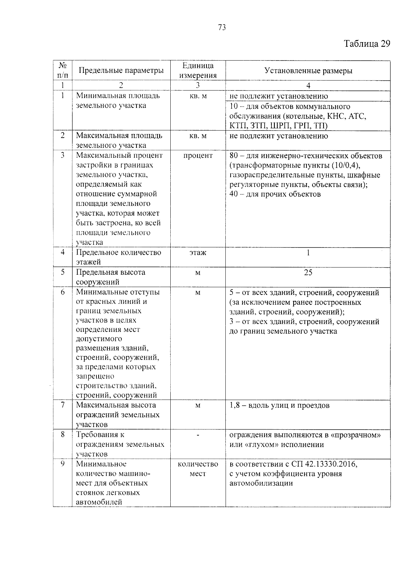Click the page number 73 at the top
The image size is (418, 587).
click(x=222, y=28)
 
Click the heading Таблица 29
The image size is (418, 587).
click(x=367, y=44)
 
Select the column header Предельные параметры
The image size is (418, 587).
click(x=121, y=71)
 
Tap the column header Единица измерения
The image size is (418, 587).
click(x=198, y=71)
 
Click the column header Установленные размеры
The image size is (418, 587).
click(x=308, y=71)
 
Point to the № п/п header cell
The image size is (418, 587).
click(x=63, y=70)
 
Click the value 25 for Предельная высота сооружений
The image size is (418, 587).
click(x=308, y=273)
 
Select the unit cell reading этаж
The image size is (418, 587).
click(x=198, y=253)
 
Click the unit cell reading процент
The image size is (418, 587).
click(x=198, y=156)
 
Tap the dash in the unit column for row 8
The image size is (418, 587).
click(x=198, y=435)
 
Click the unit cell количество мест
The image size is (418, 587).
click(x=198, y=469)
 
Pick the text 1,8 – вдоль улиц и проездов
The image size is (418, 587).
click(x=279, y=406)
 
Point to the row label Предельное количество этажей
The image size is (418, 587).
click(x=118, y=257)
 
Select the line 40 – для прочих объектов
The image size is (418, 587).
click(x=275, y=194)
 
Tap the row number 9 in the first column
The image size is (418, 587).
click(x=63, y=464)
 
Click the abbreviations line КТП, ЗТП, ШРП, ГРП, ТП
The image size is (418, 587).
click(x=278, y=126)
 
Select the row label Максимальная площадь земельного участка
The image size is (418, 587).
click(x=119, y=140)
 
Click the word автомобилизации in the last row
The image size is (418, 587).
click(x=261, y=483)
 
